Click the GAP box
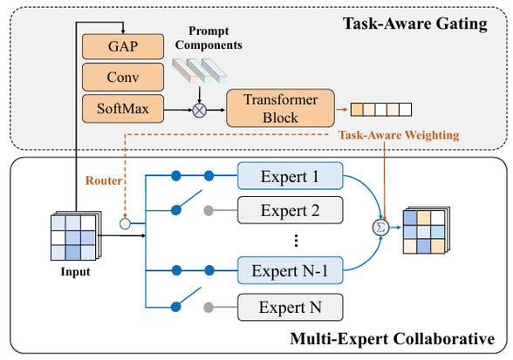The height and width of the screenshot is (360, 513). (123, 46)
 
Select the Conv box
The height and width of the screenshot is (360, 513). (123, 78)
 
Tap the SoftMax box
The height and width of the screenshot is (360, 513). (123, 109)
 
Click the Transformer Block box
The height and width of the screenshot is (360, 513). (280, 108)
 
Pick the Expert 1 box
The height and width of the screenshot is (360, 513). (291, 176)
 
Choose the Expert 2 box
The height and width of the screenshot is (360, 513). (291, 210)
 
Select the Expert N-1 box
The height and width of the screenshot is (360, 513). (291, 270)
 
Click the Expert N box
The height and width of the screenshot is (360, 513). (291, 307)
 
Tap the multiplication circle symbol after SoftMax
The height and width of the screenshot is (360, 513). (199, 110)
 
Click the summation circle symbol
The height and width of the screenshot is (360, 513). (380, 228)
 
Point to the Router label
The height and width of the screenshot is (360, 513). (104, 180)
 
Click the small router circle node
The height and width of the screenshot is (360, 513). (125, 224)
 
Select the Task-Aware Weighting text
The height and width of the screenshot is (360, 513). (399, 135)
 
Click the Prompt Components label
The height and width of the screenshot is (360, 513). (209, 38)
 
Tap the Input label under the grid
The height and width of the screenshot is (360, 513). (75, 272)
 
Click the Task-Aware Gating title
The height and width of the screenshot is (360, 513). (415, 24)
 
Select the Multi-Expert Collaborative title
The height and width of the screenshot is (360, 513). (393, 338)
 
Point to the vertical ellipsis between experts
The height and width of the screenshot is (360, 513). (296, 241)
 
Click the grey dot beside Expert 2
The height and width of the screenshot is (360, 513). (209, 211)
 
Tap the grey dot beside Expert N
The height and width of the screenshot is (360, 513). (209, 308)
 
